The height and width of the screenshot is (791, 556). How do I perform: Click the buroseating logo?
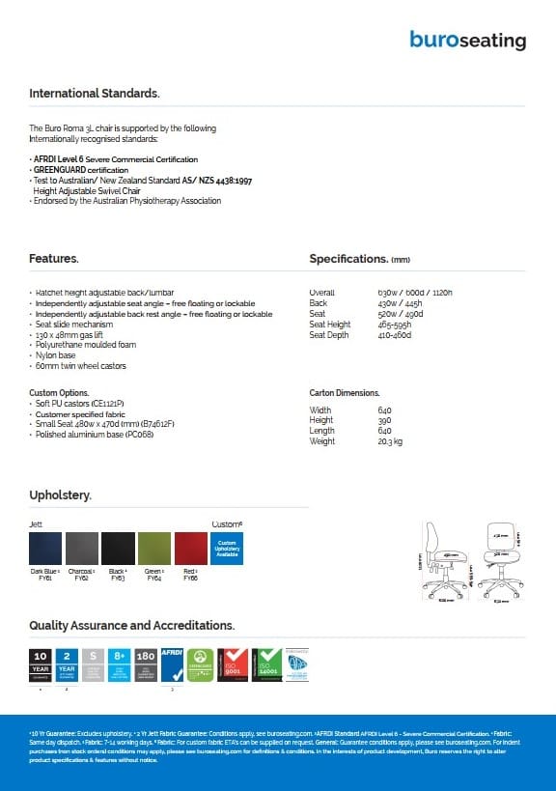467,41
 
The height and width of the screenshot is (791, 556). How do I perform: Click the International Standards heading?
94,94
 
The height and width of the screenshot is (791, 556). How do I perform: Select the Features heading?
54,259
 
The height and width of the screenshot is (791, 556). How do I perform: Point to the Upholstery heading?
60,495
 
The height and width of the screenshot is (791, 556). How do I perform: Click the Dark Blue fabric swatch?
45,548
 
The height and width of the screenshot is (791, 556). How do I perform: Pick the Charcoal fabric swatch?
81,548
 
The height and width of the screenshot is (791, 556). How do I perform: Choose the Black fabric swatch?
118,548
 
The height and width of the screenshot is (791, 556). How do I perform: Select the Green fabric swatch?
154,548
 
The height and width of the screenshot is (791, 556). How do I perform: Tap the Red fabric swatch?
190,548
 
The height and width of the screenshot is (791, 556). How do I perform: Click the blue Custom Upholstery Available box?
227,548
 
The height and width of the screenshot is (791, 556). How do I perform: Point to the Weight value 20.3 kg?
391,441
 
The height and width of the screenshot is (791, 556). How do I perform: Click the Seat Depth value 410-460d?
395,335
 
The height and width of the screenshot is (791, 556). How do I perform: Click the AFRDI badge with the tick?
171,665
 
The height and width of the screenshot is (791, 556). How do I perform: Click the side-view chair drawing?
441,560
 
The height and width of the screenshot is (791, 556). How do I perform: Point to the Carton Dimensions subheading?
344,393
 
